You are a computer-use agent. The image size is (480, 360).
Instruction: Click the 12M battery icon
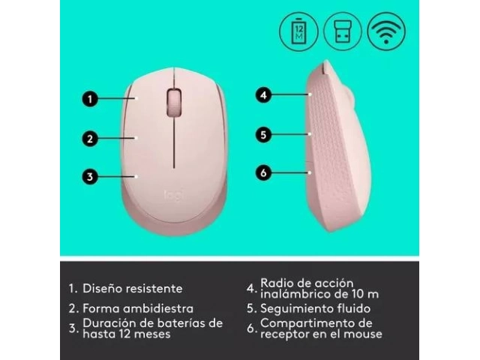(298, 31)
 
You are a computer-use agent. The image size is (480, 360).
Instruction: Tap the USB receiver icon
(343, 31)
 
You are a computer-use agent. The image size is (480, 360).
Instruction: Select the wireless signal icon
(386, 31)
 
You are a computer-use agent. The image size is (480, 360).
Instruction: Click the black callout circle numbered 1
(90, 99)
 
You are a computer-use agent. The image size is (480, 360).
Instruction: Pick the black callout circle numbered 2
(90, 139)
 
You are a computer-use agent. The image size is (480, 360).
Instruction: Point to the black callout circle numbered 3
(90, 177)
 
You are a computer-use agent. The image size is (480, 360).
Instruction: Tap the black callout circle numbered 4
(263, 95)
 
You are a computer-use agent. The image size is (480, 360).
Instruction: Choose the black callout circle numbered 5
(263, 135)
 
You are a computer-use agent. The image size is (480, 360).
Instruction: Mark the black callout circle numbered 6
(263, 172)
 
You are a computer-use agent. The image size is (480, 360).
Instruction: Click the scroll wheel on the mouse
(174, 103)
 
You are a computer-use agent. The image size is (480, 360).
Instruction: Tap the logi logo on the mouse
(174, 195)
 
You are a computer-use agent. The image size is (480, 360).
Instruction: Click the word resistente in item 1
(154, 288)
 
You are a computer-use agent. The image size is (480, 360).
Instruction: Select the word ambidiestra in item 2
(158, 308)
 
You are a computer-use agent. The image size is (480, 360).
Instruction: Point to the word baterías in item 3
(181, 323)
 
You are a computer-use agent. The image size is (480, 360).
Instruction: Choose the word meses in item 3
(152, 334)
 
